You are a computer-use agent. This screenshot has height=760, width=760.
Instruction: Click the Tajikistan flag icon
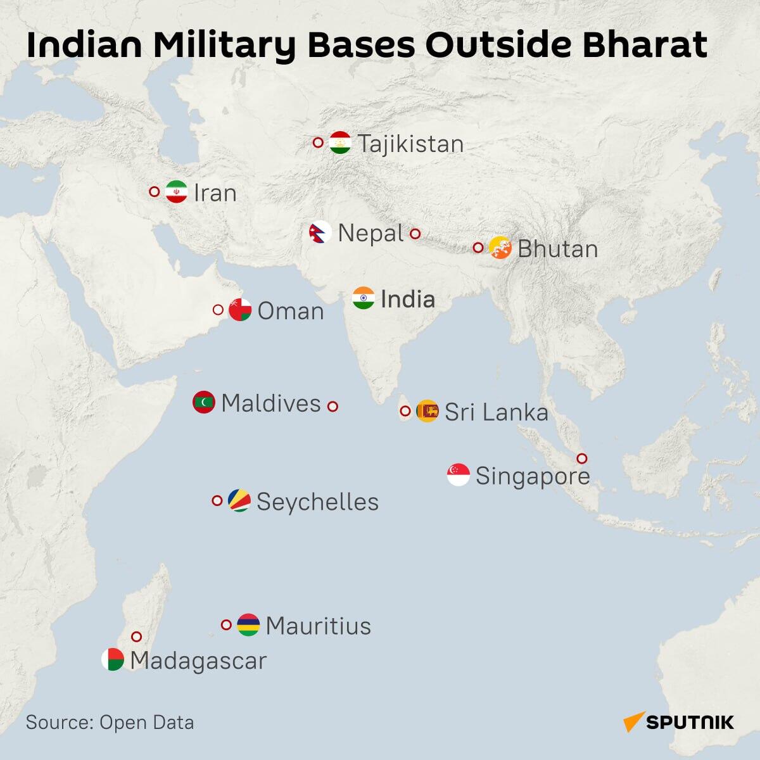tap(340, 142)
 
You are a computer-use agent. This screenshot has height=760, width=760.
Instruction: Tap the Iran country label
tap(215, 193)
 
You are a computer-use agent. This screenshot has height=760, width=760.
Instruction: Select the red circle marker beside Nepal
tap(415, 234)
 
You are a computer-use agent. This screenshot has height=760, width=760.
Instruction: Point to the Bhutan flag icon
tap(500, 248)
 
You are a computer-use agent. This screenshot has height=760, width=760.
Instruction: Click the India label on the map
tap(407, 299)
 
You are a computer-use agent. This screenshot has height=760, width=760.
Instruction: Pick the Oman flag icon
tap(240, 310)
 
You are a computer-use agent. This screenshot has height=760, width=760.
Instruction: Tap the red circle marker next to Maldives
tap(332, 406)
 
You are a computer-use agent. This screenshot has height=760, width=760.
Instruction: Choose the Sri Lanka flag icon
tap(427, 412)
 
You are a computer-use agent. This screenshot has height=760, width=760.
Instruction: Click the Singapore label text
tap(532, 476)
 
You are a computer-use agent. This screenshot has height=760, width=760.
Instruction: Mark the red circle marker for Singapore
tap(581, 459)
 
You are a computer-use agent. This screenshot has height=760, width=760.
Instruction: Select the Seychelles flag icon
tap(239, 500)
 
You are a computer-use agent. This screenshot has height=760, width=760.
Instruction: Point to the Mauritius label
tap(318, 626)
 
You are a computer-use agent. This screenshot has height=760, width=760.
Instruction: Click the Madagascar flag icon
tap(112, 659)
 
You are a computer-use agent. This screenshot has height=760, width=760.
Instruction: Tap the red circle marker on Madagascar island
tap(136, 636)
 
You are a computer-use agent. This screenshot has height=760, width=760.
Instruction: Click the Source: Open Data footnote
tap(110, 723)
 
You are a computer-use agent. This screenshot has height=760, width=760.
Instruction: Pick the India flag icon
tap(364, 298)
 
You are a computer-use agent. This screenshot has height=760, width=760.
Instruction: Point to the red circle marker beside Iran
tap(154, 191)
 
